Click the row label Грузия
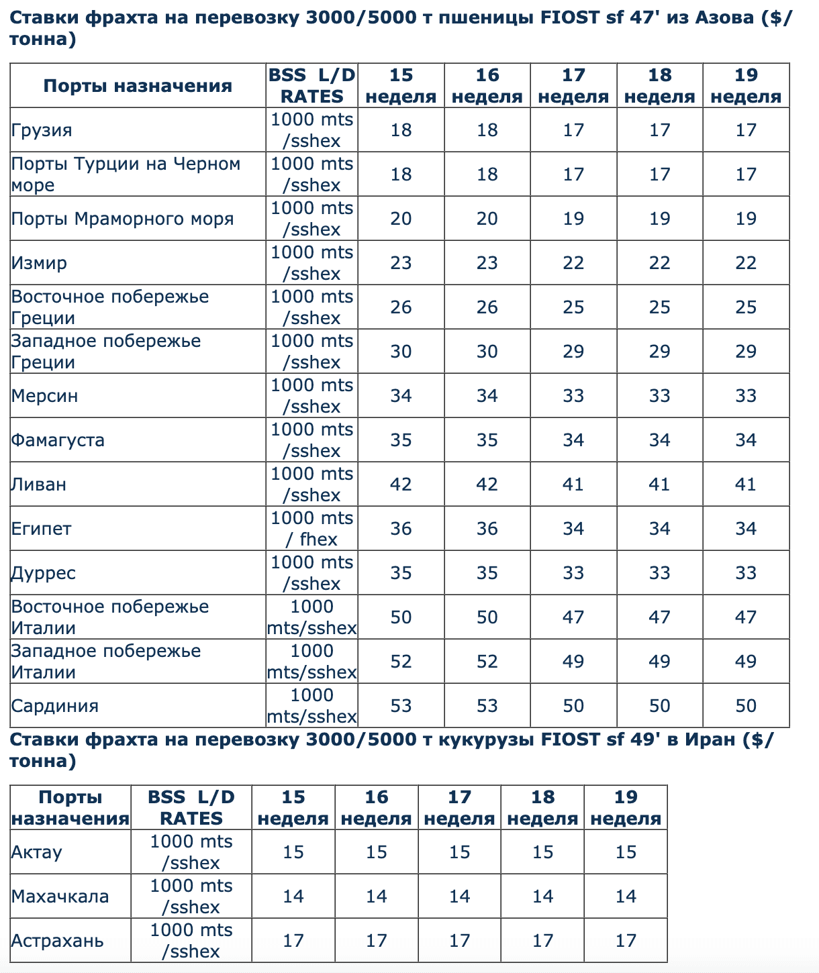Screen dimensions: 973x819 [x=42, y=130]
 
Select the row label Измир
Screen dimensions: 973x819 [x=39, y=263]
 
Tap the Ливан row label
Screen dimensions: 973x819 [x=39, y=484]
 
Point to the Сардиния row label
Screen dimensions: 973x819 [x=55, y=706]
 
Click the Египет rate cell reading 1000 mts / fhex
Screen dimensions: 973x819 [x=311, y=529]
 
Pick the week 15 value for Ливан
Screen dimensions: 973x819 [x=401, y=484]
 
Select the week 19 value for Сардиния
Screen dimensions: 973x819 [x=746, y=706]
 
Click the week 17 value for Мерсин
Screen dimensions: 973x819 [x=573, y=396]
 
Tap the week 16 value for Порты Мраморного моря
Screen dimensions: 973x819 [x=487, y=219]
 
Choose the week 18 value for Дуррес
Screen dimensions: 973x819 [x=660, y=573]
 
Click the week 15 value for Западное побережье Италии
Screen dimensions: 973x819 [x=401, y=662]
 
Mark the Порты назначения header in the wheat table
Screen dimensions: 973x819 [x=138, y=86]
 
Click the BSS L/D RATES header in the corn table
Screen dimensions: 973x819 [x=191, y=808]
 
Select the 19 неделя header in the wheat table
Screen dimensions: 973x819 [x=746, y=86]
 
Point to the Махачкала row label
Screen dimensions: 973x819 [x=60, y=897]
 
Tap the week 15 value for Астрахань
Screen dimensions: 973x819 [x=293, y=941]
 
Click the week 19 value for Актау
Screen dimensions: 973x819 [x=626, y=852]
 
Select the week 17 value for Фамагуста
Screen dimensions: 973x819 [x=573, y=440]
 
